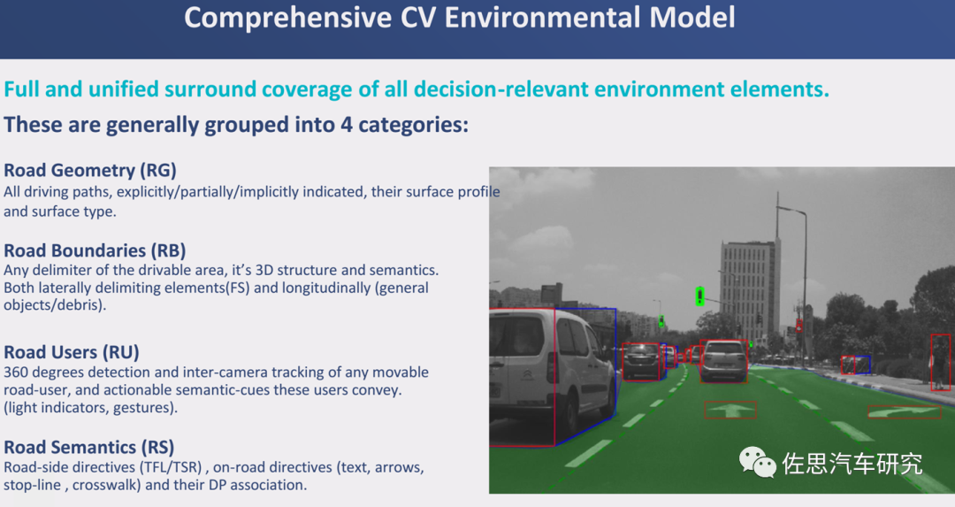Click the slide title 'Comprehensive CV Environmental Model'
460,18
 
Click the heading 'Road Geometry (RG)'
90,170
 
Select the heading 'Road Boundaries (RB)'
95,250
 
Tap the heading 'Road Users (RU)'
72,352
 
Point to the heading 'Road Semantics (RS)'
89,448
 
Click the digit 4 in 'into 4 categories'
347,125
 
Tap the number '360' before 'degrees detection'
17,372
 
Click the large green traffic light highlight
700,296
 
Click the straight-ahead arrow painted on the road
730,410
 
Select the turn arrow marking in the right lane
904,412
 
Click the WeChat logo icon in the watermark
757,463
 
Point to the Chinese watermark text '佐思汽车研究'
852,464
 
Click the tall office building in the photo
749,287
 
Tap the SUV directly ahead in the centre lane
723,360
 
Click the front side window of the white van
572,334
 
